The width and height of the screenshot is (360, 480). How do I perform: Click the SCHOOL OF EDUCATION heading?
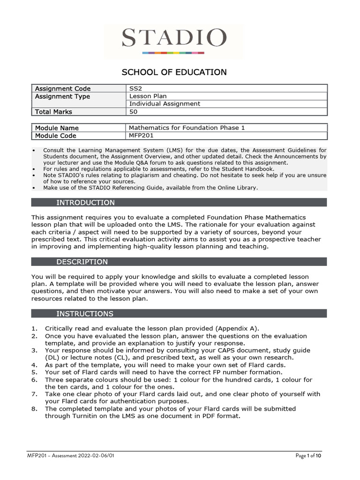(x=174, y=72)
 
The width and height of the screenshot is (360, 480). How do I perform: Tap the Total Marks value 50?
(x=133, y=112)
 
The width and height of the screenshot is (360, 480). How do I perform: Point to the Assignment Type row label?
(x=62, y=97)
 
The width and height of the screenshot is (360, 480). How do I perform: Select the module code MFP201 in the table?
(x=142, y=135)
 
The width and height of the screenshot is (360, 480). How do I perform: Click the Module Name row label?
(x=57, y=128)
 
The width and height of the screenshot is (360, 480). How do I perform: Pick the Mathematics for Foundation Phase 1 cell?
(x=187, y=128)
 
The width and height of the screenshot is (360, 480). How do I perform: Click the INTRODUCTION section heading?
(x=85, y=202)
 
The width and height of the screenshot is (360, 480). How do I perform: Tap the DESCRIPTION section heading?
(x=82, y=262)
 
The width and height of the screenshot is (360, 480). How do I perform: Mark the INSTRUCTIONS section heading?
(x=85, y=314)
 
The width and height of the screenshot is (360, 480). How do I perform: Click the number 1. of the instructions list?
(x=34, y=328)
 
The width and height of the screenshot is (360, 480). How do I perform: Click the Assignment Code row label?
(x=63, y=89)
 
